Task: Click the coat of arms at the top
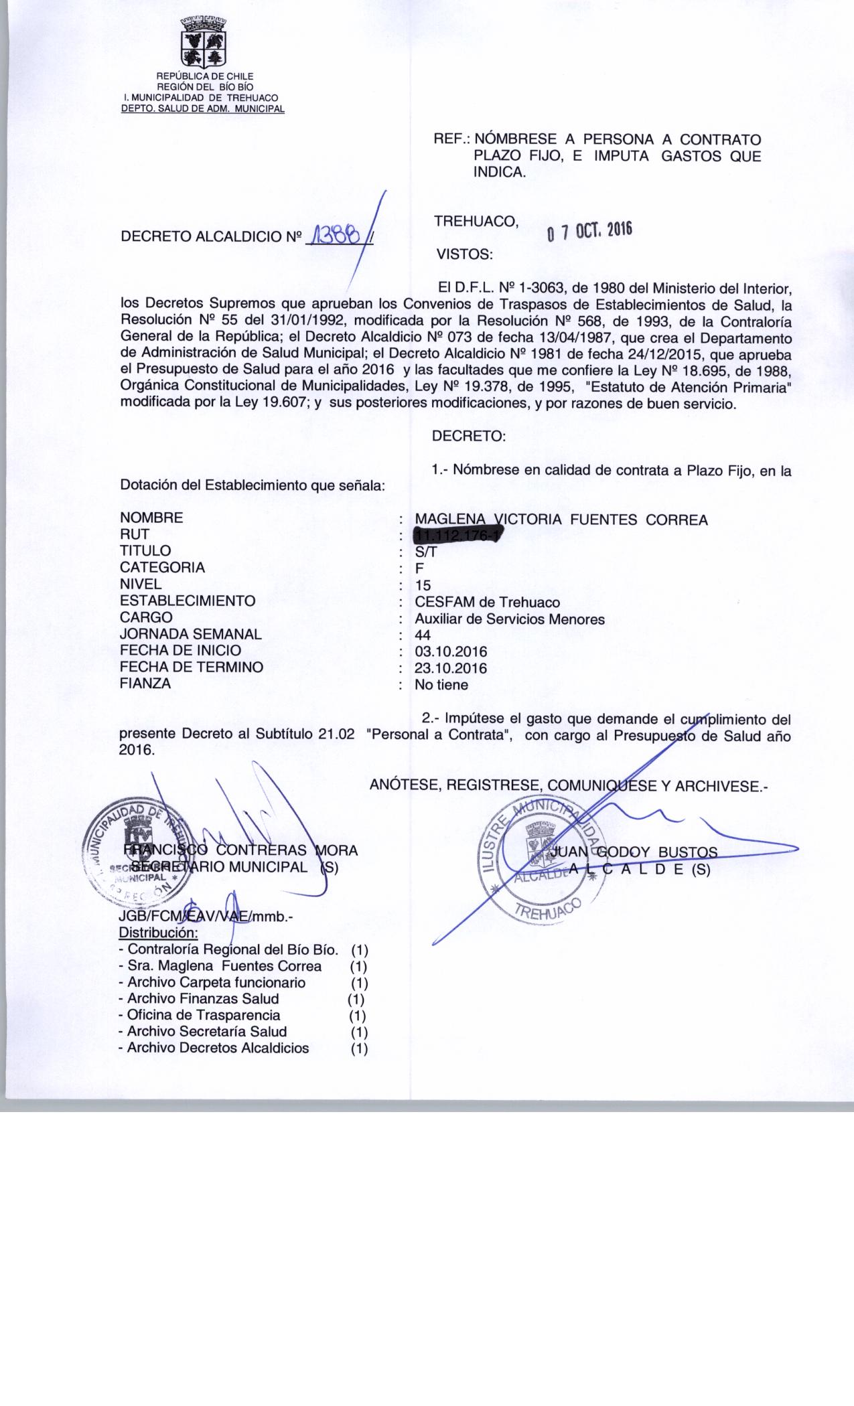tap(202, 42)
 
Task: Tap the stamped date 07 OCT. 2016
tap(589, 231)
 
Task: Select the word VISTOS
tap(464, 254)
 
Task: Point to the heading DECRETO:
tap(469, 437)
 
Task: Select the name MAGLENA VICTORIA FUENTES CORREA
tap(561, 520)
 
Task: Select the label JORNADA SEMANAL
tap(191, 634)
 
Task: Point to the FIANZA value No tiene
tap(441, 685)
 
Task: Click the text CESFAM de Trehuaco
tap(487, 602)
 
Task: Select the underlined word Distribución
tap(158, 933)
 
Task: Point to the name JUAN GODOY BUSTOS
tap(633, 852)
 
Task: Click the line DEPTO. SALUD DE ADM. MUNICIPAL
tap(202, 108)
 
